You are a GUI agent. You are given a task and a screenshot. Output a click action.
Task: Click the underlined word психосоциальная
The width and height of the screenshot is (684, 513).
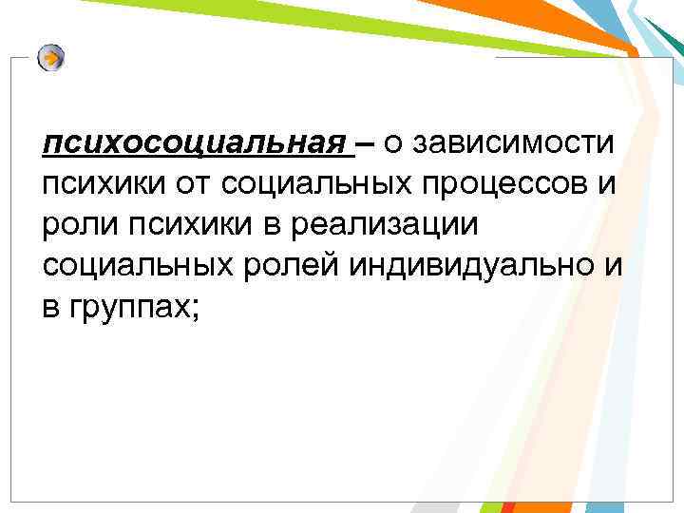tap(196, 143)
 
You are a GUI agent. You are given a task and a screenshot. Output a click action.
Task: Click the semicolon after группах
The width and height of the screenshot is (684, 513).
tap(196, 308)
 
